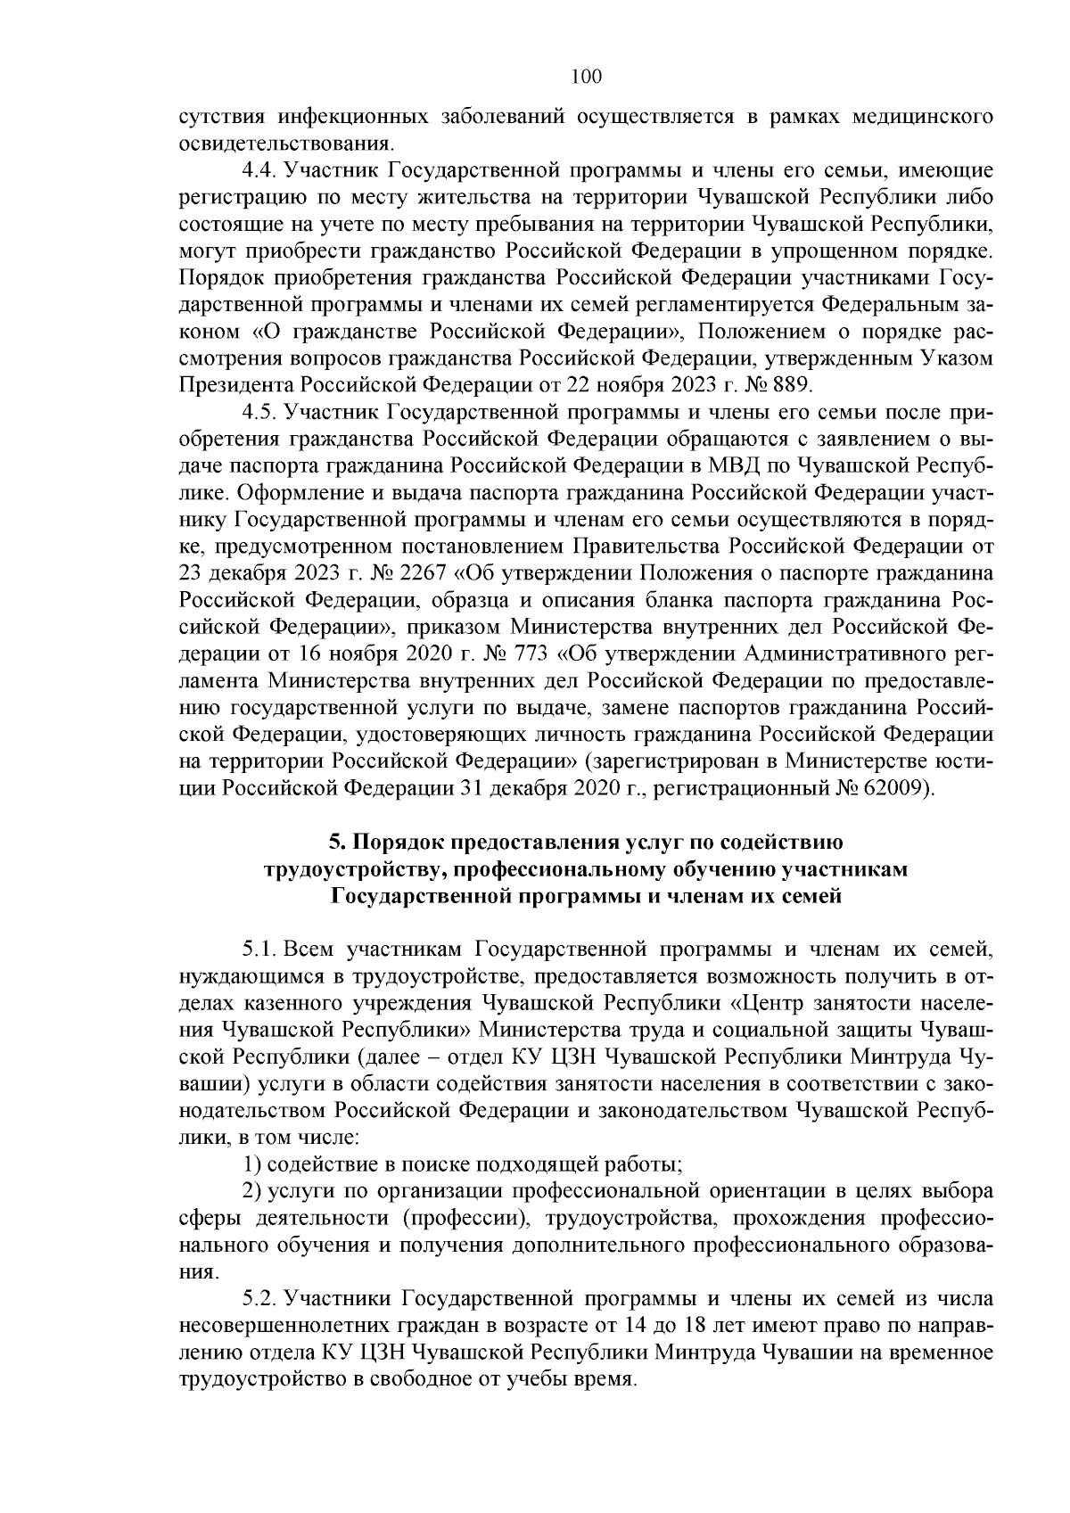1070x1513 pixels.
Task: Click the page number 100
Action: coord(586,77)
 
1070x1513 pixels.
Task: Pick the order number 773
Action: coord(532,654)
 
